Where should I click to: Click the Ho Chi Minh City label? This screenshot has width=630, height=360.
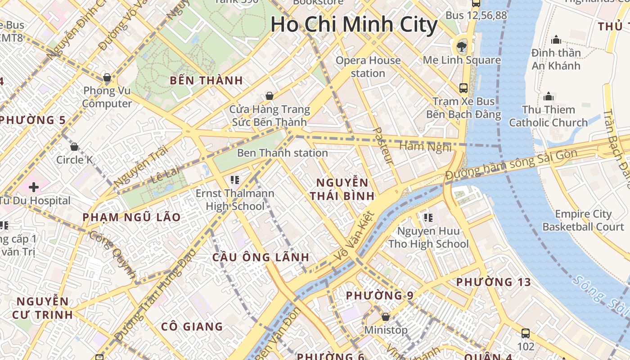point(354,24)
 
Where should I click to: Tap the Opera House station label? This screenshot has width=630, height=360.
point(368,67)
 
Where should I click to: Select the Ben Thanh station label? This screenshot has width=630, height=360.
point(282,153)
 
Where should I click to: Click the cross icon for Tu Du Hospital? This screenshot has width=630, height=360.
point(34,187)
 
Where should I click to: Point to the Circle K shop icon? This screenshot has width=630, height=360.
point(74,147)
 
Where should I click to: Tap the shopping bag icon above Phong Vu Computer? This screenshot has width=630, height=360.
point(107,78)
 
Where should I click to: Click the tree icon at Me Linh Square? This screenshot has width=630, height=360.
point(461,45)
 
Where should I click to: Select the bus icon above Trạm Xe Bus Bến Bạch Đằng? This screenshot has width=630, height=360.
point(463,88)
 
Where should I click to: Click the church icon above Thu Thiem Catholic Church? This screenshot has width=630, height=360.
point(548,96)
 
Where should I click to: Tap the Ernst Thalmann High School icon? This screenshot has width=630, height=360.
point(234,180)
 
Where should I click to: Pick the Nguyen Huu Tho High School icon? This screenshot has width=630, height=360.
point(428,218)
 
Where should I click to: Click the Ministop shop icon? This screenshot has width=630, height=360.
point(385,317)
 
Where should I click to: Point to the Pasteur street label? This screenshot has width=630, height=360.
point(383,146)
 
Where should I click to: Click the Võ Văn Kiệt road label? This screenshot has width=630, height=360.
point(355,237)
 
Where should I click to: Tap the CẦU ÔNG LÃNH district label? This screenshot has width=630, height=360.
point(261,257)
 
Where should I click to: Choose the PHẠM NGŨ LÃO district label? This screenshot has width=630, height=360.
point(131,217)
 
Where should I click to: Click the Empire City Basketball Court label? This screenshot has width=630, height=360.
point(583,220)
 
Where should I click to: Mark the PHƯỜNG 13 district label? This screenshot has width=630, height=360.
point(494,282)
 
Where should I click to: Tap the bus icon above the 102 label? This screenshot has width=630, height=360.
point(526,333)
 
